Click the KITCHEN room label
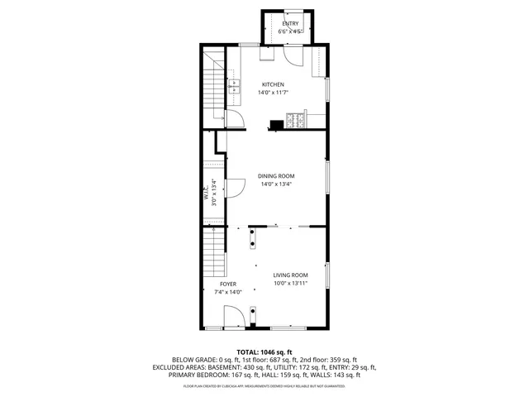click(x=273, y=84)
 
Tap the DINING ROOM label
click(x=275, y=175)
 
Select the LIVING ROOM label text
click(x=291, y=275)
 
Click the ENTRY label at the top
click(x=290, y=24)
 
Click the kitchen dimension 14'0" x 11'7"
click(x=273, y=93)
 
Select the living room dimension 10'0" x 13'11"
click(x=291, y=284)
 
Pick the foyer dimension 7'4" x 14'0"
click(x=228, y=292)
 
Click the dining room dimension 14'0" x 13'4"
click(x=275, y=184)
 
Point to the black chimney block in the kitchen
click(x=274, y=126)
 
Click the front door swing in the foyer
click(x=234, y=316)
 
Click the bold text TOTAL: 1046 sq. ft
click(x=264, y=352)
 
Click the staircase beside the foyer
click(x=214, y=252)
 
